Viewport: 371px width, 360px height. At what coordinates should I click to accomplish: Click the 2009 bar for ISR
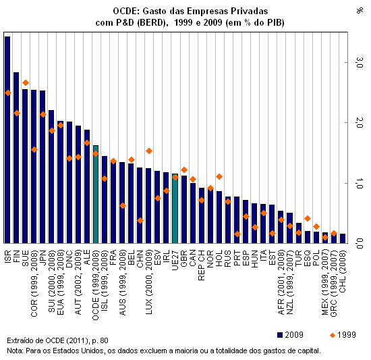tap(7, 140)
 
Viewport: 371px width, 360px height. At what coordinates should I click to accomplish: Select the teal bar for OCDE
tap(96, 195)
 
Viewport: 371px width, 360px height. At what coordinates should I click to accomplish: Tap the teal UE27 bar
tap(175, 209)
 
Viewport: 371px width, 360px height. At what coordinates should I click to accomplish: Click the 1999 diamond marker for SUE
tap(26, 83)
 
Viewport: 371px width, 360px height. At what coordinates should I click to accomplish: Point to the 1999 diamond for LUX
tap(149, 151)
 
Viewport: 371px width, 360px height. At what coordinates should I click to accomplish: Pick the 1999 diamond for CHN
tap(140, 220)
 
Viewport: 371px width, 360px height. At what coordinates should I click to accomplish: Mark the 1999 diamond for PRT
tap(237, 234)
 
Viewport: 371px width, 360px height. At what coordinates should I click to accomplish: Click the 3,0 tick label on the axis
tap(360, 62)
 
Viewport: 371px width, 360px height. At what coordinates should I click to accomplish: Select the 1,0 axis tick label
tap(360, 183)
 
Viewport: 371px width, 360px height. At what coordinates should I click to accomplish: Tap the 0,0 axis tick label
tap(360, 243)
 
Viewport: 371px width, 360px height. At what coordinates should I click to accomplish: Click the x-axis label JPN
tap(42, 257)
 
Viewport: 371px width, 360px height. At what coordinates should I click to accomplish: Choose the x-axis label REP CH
tap(202, 265)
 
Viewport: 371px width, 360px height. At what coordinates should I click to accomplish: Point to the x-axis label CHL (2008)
tap(343, 272)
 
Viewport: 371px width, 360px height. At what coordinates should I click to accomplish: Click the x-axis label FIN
tap(16, 256)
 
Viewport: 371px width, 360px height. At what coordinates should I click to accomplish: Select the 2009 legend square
tap(280, 335)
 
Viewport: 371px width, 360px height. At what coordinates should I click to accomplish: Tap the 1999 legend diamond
tap(333, 336)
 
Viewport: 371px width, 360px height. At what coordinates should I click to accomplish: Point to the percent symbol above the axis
tap(360, 11)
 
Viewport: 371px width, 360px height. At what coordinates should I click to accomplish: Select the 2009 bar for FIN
tap(16, 158)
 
